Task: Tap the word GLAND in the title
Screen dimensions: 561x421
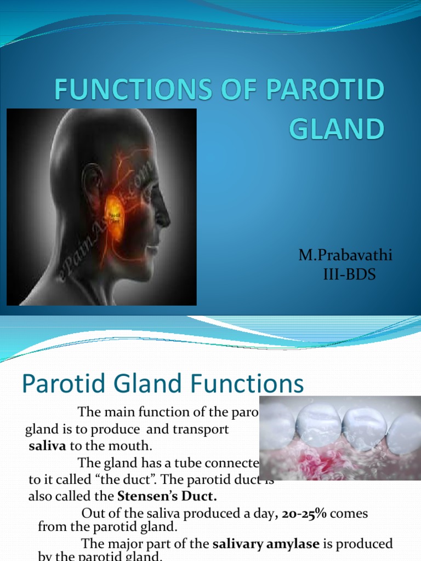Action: (337, 129)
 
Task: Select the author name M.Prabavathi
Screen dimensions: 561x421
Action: (345, 255)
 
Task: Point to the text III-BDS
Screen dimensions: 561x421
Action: (349, 274)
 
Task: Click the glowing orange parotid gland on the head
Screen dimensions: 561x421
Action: (115, 217)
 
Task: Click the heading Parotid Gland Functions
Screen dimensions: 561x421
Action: (163, 384)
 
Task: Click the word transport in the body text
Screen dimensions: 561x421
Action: (202, 430)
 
